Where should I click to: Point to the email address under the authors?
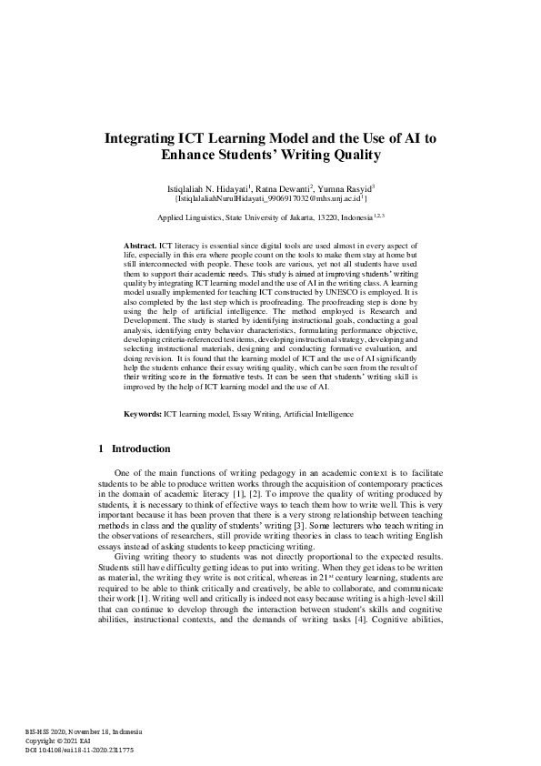click(270, 197)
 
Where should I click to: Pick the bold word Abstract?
click(140, 247)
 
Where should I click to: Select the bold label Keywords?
click(143, 414)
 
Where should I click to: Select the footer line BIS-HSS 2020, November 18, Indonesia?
click(77, 732)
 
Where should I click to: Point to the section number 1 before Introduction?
click(99, 449)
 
